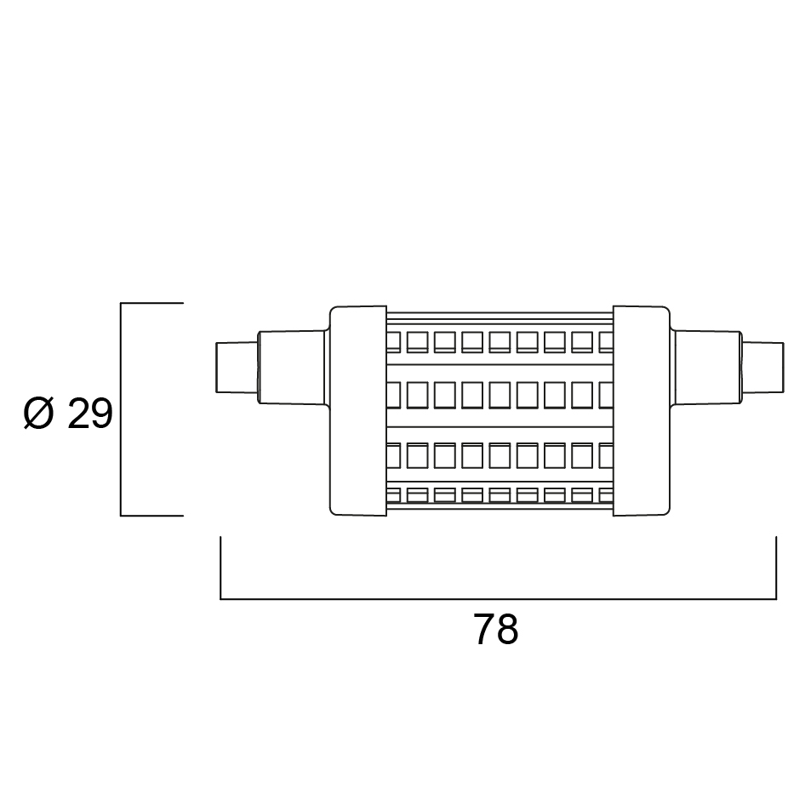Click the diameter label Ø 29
[x=68, y=414]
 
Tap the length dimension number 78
[x=495, y=630]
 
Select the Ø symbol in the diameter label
[x=38, y=414]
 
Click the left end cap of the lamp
[x=358, y=411]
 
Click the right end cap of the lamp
[x=642, y=411]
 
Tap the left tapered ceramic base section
[x=292, y=367]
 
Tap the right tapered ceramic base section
[x=708, y=367]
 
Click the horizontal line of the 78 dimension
[x=498, y=598]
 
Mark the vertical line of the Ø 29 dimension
[x=121, y=409]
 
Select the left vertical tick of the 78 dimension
[x=220, y=568]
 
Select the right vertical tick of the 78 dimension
[x=776, y=568]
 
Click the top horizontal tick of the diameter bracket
[x=152, y=303]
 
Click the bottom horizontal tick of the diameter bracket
[x=152, y=516]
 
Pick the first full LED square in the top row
[x=417, y=342]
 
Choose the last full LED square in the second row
[x=583, y=395]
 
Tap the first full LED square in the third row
[x=417, y=455]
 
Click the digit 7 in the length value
[x=483, y=630]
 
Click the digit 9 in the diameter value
[x=102, y=414]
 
